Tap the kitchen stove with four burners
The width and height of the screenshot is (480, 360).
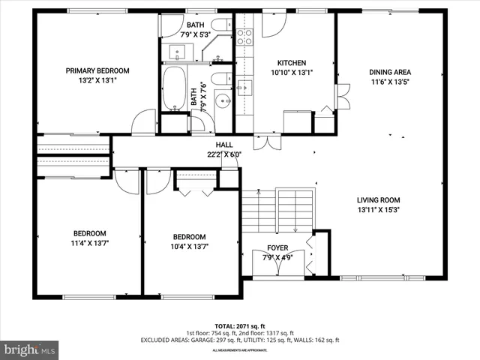click(x=244, y=36)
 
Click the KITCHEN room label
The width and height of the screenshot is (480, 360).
click(x=292, y=63)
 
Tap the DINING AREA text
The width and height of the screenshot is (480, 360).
click(x=390, y=73)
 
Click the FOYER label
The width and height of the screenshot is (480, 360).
click(x=277, y=248)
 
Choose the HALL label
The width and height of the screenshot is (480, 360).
click(x=224, y=145)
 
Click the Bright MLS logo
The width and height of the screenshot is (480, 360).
click(x=30, y=349)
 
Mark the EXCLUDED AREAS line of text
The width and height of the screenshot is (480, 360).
click(x=240, y=340)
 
